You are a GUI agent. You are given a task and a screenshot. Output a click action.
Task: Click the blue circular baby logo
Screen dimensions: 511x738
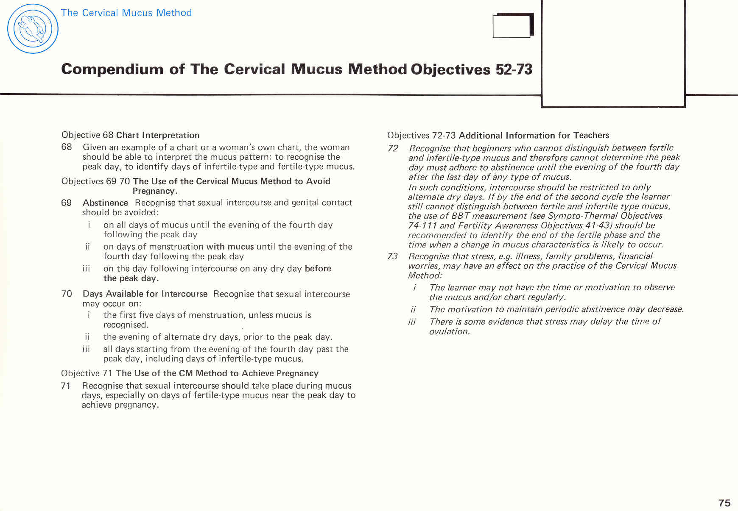point(33,29)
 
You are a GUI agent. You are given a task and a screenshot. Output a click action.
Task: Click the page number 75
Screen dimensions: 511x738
point(724,503)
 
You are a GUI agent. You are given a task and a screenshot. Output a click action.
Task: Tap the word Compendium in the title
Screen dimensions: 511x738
point(112,69)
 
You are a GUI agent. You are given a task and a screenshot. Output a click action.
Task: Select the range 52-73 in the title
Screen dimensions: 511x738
point(514,69)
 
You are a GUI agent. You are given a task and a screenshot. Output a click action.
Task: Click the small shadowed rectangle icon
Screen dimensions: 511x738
point(513,26)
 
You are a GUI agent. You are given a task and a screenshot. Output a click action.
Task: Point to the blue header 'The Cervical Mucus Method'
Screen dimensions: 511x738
point(126,13)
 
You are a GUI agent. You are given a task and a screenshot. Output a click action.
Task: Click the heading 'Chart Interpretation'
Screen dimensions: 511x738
point(158,135)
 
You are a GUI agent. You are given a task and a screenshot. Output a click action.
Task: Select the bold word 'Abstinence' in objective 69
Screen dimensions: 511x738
point(105,203)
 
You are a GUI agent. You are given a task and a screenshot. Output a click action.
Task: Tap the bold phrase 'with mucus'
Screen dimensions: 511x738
point(230,247)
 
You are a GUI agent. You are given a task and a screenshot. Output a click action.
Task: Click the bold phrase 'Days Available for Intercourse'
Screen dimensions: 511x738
point(145,294)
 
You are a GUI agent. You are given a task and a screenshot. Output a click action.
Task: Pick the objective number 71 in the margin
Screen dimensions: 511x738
point(66,386)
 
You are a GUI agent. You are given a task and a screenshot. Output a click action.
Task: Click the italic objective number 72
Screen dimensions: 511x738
point(393,148)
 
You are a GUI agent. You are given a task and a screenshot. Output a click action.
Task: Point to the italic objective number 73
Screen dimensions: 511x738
point(392,256)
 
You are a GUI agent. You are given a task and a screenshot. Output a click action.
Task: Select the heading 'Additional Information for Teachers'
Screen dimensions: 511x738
point(534,136)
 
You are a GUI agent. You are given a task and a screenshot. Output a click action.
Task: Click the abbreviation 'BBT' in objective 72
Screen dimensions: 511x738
point(461,216)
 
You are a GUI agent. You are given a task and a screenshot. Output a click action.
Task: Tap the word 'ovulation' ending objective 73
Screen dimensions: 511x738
point(449,331)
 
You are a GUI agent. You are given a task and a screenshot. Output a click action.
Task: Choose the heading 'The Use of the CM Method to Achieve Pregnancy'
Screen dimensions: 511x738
point(217,373)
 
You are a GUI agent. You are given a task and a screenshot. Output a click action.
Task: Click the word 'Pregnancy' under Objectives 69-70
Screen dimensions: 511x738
point(154,191)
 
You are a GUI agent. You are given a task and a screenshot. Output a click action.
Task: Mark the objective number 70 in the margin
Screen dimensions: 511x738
point(67,294)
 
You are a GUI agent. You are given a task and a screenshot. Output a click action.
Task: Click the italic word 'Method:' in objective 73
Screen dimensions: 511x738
point(425,275)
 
